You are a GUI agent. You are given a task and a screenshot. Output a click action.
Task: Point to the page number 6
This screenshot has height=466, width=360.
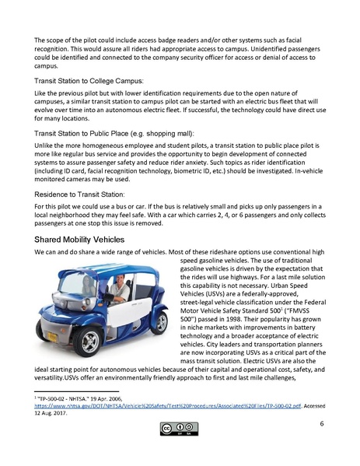[321, 424]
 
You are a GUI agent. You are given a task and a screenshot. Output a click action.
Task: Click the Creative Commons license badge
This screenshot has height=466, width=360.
[180, 428]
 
